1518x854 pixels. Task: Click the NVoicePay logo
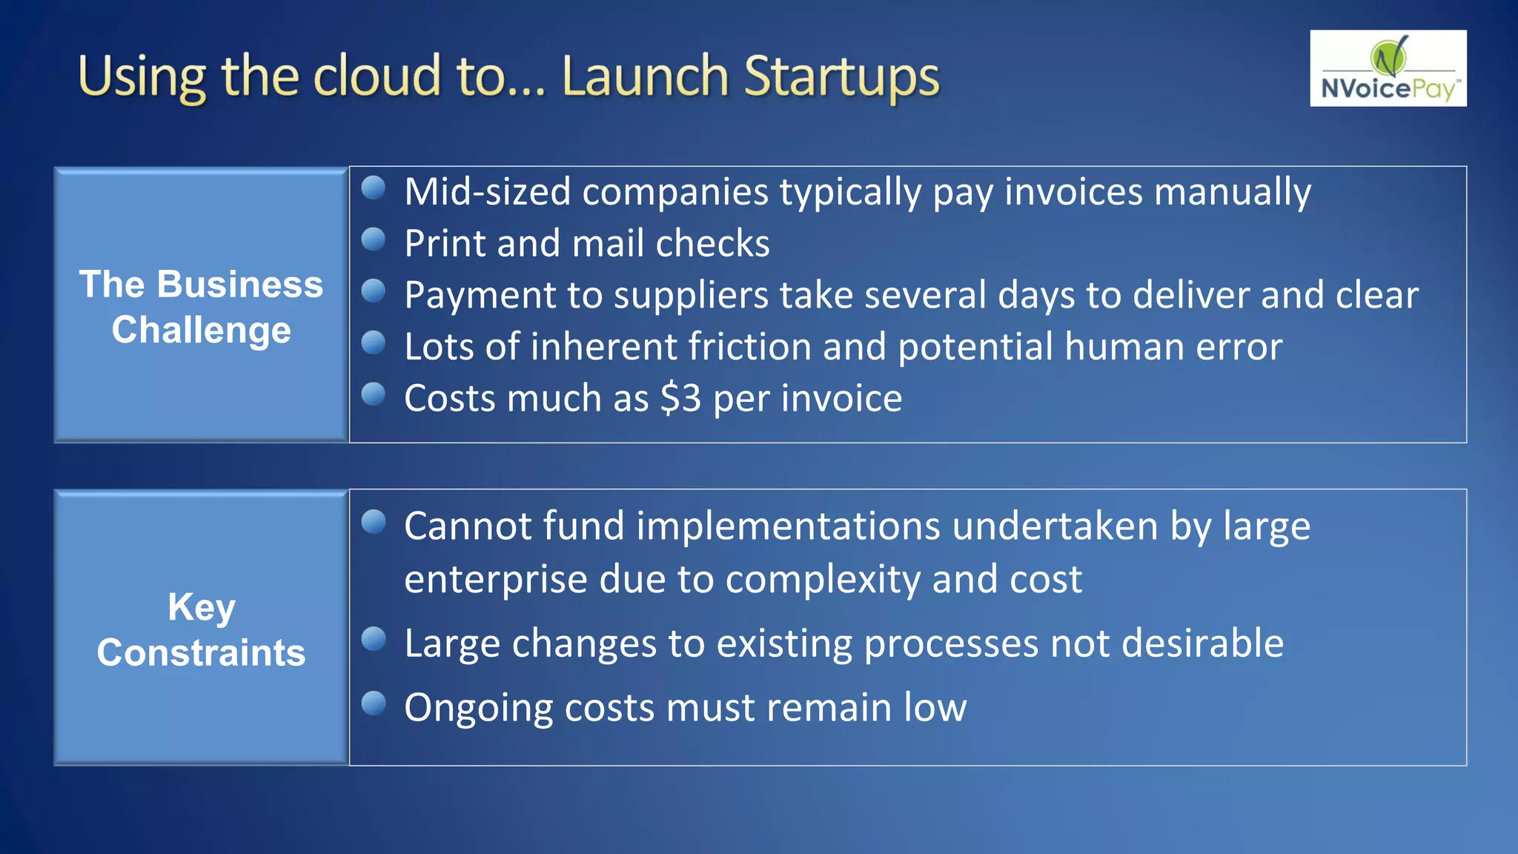click(1388, 68)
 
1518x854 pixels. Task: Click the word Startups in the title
click(841, 77)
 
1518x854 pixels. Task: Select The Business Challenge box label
click(201, 306)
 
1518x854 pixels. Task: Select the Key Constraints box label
click(201, 629)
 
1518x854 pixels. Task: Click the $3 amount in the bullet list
click(680, 398)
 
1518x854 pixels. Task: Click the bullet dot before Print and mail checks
click(374, 239)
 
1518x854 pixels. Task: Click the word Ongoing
click(478, 708)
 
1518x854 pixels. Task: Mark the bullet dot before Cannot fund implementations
click(374, 522)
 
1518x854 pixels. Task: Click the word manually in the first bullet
click(1232, 192)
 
